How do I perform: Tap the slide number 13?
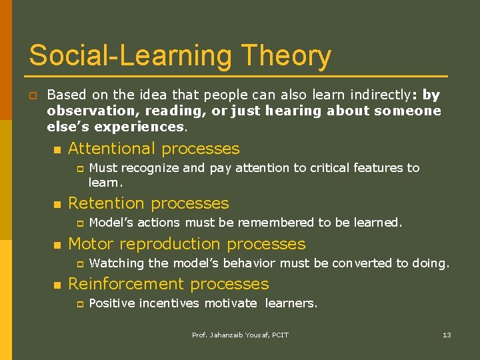447,335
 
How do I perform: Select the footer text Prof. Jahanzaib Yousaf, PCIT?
240,335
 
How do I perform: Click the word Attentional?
111,149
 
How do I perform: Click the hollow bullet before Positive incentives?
78,304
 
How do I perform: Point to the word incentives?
167,303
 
